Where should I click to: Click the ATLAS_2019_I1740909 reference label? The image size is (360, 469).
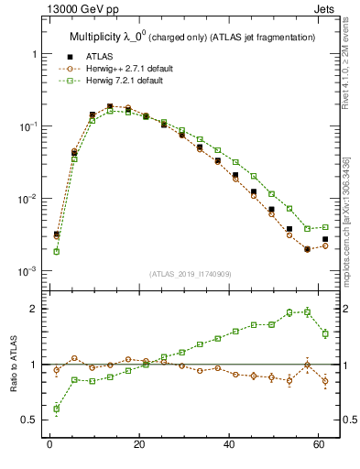pos(190,274)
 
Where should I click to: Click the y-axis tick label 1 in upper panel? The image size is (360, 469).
pos(35,54)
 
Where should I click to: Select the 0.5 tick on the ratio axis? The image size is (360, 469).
pos(30,420)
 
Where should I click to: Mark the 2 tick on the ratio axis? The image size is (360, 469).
pos(35,309)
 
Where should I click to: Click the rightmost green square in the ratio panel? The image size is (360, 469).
pos(325,333)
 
